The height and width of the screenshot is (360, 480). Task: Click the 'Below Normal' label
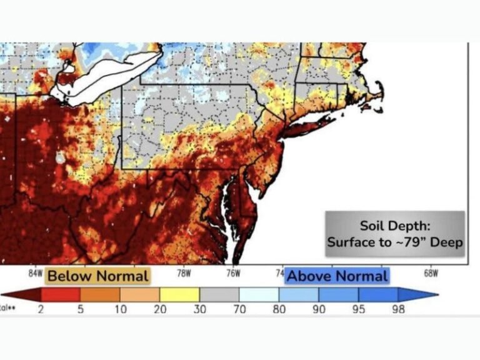98,276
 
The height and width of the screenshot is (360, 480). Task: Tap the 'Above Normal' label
337,276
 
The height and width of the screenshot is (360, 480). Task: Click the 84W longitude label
36,273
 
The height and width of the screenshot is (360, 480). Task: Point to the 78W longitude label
183,273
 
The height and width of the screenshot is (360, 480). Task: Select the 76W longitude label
232,273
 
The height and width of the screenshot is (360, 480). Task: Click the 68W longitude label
431,273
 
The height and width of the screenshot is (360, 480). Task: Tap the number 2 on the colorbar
41,309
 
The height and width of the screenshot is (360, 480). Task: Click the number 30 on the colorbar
199,309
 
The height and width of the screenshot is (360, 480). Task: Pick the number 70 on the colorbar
239,309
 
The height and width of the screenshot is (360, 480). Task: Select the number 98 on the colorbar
398,309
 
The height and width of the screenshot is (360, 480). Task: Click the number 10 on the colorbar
120,309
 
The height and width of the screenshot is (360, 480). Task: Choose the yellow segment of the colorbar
179,294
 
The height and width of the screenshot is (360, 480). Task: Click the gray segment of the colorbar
219,294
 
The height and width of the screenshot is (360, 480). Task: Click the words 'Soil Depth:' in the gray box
394,226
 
